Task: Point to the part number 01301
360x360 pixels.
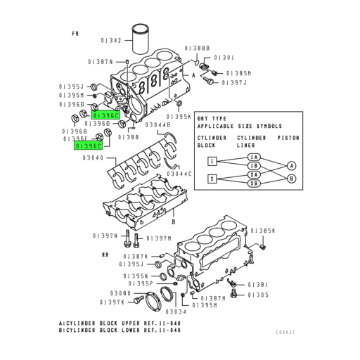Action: (x=224, y=57)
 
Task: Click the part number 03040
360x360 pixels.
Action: (x=93, y=158)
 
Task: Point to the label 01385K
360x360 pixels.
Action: (x=263, y=231)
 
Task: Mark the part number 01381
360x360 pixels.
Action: (x=258, y=285)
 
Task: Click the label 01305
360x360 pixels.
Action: (x=258, y=295)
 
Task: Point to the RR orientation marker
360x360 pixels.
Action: (x=105, y=255)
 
